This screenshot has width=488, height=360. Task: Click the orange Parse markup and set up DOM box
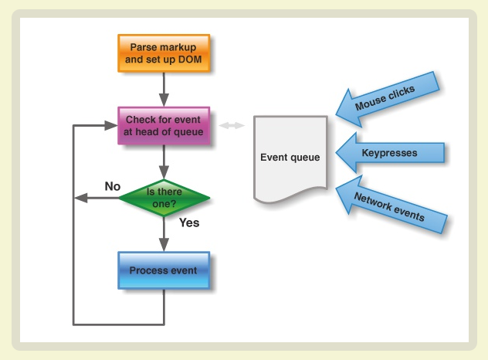pos(164,53)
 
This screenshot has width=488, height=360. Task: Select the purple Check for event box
pos(164,125)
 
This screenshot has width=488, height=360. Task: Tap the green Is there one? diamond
pos(164,198)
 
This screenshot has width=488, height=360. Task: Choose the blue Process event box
pos(164,270)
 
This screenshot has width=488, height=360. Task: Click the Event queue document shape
pos(290,158)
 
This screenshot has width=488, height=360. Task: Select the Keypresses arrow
pos(393,153)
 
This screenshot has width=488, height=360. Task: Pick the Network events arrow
pos(389,205)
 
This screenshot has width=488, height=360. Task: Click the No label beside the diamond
pos(113,186)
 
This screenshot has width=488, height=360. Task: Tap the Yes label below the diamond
pos(189,222)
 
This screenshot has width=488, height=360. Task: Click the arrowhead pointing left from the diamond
pos(79,198)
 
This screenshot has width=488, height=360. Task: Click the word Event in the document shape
pos(275,158)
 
